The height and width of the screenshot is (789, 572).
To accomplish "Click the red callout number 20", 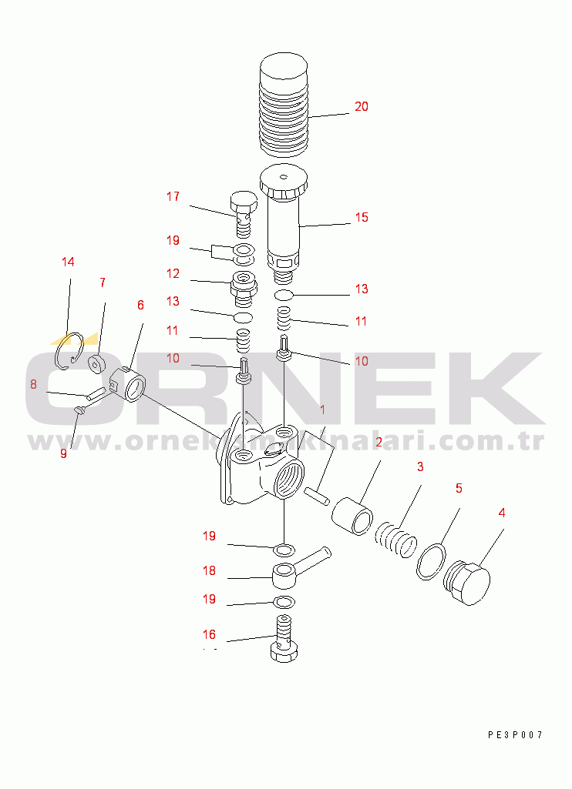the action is tap(362, 107).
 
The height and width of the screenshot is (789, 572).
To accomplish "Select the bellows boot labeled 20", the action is tap(284, 104).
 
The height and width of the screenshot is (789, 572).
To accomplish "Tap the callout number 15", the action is tap(362, 217).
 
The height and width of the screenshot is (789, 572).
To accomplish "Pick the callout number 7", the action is tap(103, 283).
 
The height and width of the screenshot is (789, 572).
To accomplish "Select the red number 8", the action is tap(33, 384).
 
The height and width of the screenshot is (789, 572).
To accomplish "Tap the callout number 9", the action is tap(63, 453).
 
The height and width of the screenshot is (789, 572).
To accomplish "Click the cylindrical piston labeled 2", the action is tap(352, 516).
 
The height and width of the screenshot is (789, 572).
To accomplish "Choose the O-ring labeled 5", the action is tap(432, 561).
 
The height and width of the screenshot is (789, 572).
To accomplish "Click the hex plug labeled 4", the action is tap(466, 582).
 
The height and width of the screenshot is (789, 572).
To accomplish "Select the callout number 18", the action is tap(209, 570).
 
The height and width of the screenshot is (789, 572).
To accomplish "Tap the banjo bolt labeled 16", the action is tap(284, 638).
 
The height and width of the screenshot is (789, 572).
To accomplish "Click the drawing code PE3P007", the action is tap(515, 734).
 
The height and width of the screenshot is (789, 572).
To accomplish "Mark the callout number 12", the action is tap(173, 274).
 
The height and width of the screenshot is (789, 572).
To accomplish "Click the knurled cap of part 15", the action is tap(284, 182).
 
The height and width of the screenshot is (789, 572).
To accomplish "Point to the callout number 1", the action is tap(322, 410).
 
